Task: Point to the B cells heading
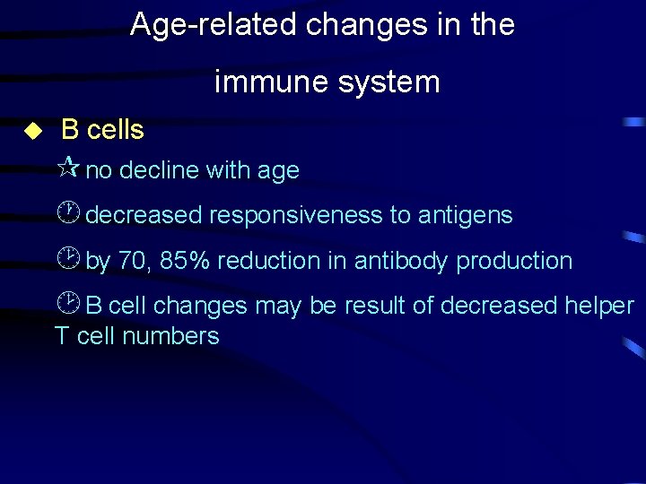point(102,130)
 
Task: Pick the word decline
point(161,170)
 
